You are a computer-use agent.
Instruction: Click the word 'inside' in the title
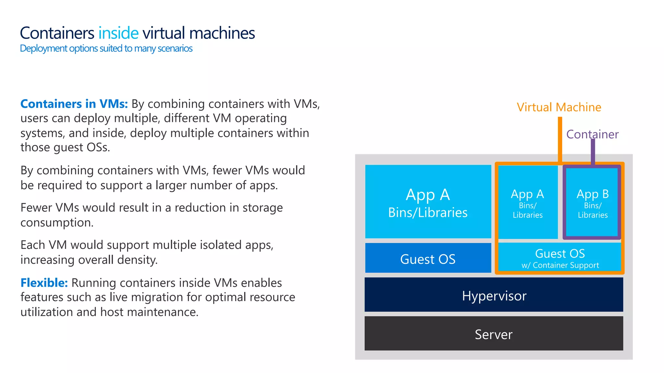point(118,33)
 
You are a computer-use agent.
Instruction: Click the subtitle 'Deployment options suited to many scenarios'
point(106,49)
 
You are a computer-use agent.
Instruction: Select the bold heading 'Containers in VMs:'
point(74,104)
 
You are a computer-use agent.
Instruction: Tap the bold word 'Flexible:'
point(44,283)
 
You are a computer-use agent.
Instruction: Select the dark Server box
point(493,333)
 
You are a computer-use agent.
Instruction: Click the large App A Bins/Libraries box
point(428,202)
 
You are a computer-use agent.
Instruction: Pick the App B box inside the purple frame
point(592,202)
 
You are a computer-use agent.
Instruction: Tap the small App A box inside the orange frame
point(528,202)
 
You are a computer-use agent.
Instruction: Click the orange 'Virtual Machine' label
point(559,107)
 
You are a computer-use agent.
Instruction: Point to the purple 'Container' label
point(592,134)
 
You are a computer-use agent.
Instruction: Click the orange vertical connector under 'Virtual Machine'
point(560,139)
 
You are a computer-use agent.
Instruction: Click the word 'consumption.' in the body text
point(57,223)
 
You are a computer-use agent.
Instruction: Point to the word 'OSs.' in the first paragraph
point(98,147)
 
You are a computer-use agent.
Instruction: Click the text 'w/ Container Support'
point(560,265)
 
